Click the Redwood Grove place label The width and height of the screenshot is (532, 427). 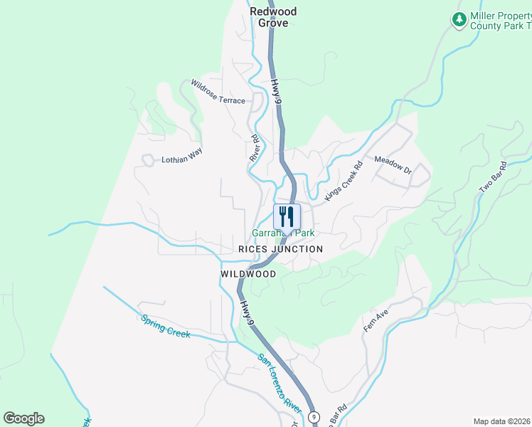pyautogui.click(x=273, y=17)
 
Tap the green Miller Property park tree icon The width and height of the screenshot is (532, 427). pyautogui.click(x=459, y=19)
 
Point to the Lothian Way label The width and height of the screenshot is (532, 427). pyautogui.click(x=181, y=159)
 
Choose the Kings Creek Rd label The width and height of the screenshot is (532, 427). pyautogui.click(x=344, y=180)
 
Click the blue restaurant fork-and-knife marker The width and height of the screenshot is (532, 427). pyautogui.click(x=287, y=216)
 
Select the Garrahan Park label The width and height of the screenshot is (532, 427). pyautogui.click(x=283, y=233)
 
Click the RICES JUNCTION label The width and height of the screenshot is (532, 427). pyautogui.click(x=280, y=249)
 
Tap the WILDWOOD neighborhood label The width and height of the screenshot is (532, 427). pyautogui.click(x=248, y=274)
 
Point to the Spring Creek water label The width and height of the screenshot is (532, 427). pyautogui.click(x=165, y=326)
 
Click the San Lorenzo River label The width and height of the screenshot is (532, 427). pyautogui.click(x=280, y=382)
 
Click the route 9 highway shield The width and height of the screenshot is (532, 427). pyautogui.click(x=314, y=416)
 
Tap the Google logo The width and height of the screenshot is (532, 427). pyautogui.click(x=23, y=418)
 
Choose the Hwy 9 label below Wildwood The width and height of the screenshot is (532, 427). pyautogui.click(x=247, y=314)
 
